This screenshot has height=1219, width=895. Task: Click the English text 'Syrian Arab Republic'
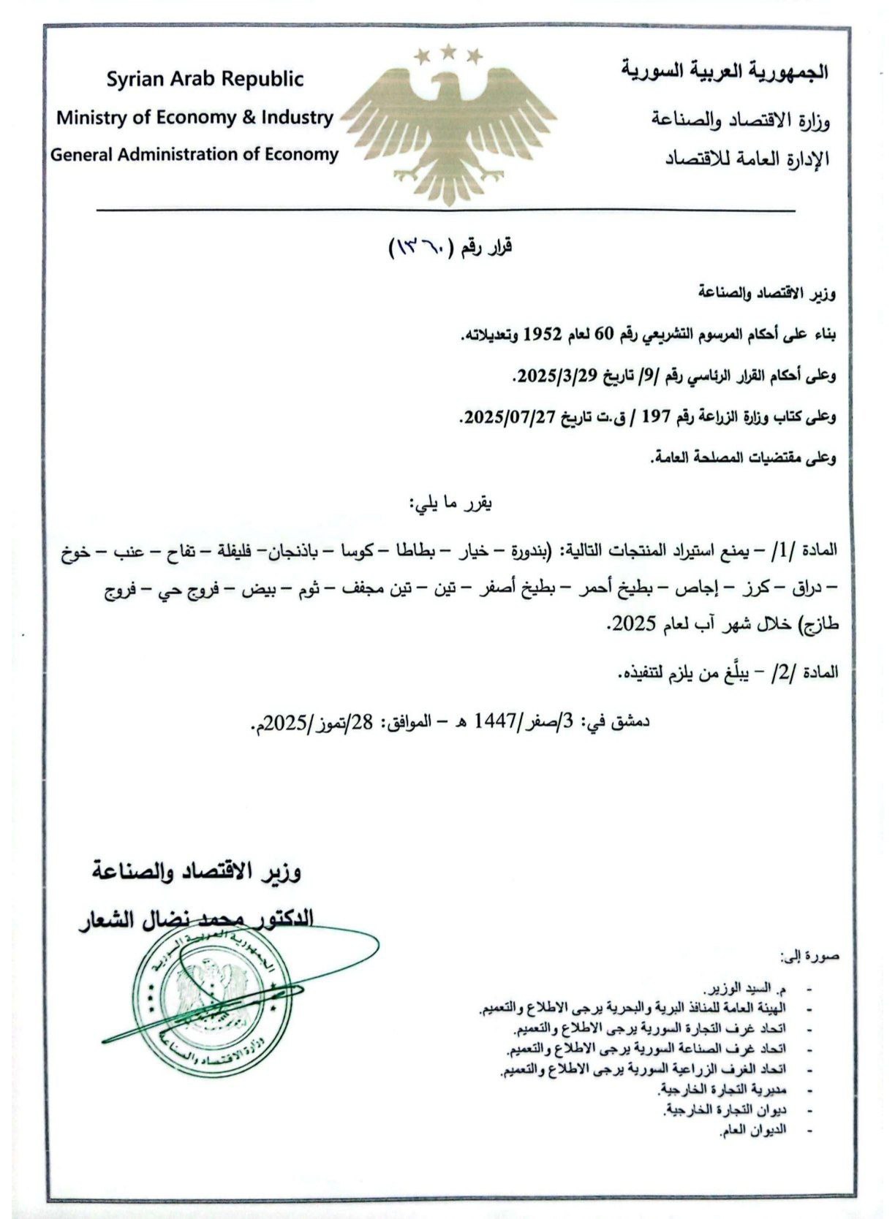click(x=205, y=79)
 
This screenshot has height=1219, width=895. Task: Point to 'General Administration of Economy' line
click(x=195, y=154)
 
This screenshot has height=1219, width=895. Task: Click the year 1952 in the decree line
click(x=542, y=335)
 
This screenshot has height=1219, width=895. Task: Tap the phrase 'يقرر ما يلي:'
click(x=450, y=503)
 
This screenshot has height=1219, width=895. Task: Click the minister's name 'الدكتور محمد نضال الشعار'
click(x=197, y=918)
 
